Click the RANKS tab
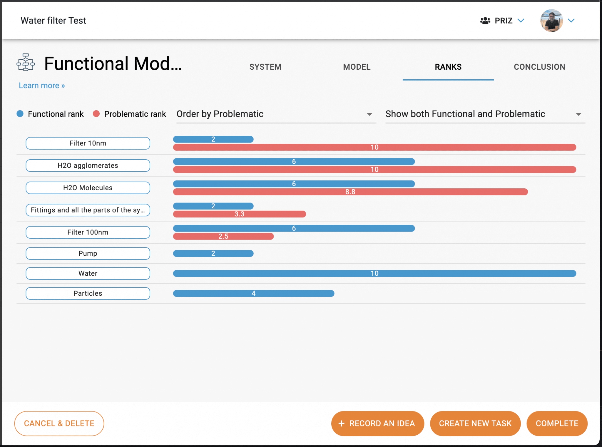click(x=448, y=67)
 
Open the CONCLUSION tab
click(x=539, y=67)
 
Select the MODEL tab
click(x=357, y=67)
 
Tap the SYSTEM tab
click(x=265, y=67)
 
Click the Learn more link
click(x=42, y=86)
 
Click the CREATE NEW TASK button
click(x=475, y=423)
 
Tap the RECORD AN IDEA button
click(x=377, y=423)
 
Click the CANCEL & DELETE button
click(x=59, y=423)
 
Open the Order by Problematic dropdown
click(x=276, y=114)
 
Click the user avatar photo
click(x=551, y=21)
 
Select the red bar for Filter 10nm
click(x=374, y=147)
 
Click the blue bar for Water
click(x=374, y=273)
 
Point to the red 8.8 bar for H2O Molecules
click(x=350, y=192)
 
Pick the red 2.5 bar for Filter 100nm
click(x=223, y=236)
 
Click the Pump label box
click(x=88, y=253)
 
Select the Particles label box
click(x=88, y=293)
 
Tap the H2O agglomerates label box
click(x=88, y=165)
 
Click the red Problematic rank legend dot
click(x=96, y=114)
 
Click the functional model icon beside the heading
click(x=26, y=62)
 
